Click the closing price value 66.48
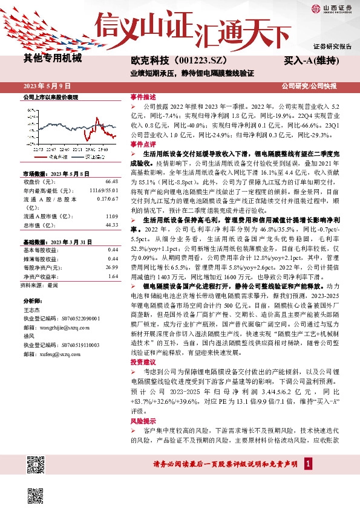(x=111, y=181)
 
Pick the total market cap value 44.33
(x=111, y=224)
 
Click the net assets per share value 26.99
(x=111, y=267)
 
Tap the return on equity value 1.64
(x=113, y=275)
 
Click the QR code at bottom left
(x=38, y=465)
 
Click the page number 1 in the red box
(x=308, y=464)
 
